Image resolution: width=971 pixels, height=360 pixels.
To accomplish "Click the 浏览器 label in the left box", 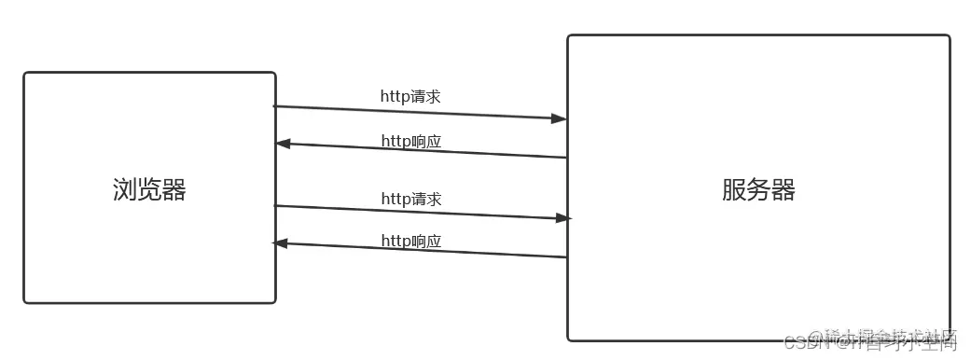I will [149, 190].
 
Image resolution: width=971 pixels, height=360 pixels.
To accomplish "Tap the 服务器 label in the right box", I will [758, 190].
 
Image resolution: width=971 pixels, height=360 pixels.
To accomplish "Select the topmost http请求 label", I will [410, 95].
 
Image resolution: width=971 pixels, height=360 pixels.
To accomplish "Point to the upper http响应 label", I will [410, 141].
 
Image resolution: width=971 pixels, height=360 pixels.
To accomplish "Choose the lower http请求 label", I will [410, 199].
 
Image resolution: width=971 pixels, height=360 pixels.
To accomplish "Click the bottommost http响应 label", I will [410, 241].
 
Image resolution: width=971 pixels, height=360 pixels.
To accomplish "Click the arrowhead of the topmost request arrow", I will [560, 118].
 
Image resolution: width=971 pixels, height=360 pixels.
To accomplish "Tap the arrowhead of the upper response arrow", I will [283, 144].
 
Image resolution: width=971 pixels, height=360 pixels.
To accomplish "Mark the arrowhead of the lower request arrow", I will [562, 218].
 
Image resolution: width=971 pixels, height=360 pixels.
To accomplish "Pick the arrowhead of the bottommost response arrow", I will [279, 242].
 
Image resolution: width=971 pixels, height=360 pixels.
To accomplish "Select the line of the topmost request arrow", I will [420, 113].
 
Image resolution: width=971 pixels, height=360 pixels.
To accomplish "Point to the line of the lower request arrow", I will [420, 212].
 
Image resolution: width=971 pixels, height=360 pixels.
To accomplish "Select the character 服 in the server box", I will [734, 190].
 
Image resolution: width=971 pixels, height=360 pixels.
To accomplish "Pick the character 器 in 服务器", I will [784, 190].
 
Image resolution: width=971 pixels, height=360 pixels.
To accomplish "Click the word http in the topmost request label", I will [395, 95].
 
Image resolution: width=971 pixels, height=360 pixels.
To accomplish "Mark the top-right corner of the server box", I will [949, 36].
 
